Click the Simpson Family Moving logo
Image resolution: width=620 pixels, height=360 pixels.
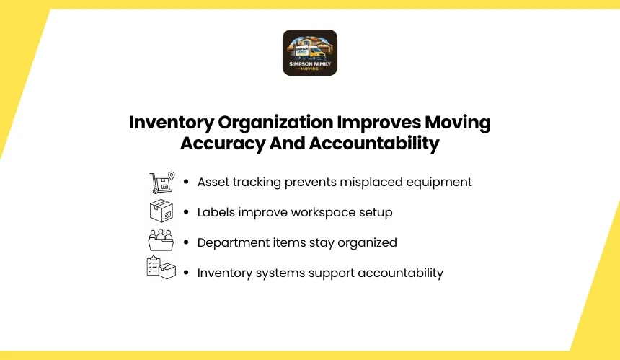[x=310, y=53]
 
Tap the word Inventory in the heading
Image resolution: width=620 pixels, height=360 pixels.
[x=172, y=123]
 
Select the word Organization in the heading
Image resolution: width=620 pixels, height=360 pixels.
[x=275, y=123]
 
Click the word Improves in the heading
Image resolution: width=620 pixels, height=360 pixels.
[x=378, y=123]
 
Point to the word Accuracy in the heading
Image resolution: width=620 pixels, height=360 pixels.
[x=223, y=144]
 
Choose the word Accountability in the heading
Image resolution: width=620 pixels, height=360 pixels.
[x=374, y=144]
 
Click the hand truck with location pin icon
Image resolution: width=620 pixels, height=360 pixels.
[x=162, y=183]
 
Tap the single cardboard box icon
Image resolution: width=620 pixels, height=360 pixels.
[x=161, y=211]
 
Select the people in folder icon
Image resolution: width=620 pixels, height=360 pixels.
[x=161, y=240]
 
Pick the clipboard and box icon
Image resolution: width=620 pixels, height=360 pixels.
[x=161, y=268]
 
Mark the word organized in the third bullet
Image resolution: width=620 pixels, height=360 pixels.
[x=367, y=243]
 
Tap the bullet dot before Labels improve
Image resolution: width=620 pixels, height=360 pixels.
[x=186, y=212]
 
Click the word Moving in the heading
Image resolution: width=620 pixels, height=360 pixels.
[x=458, y=123]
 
